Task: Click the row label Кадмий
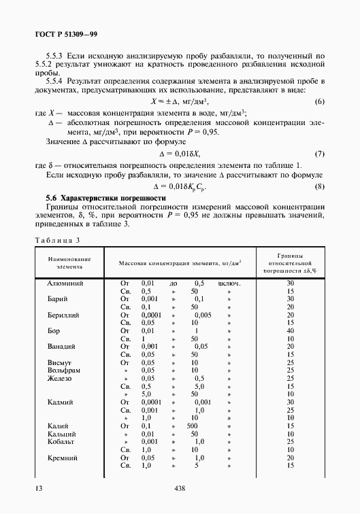point(61,402)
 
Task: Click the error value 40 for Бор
point(290,330)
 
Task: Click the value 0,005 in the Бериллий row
point(202,315)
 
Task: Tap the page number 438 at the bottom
point(180,487)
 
